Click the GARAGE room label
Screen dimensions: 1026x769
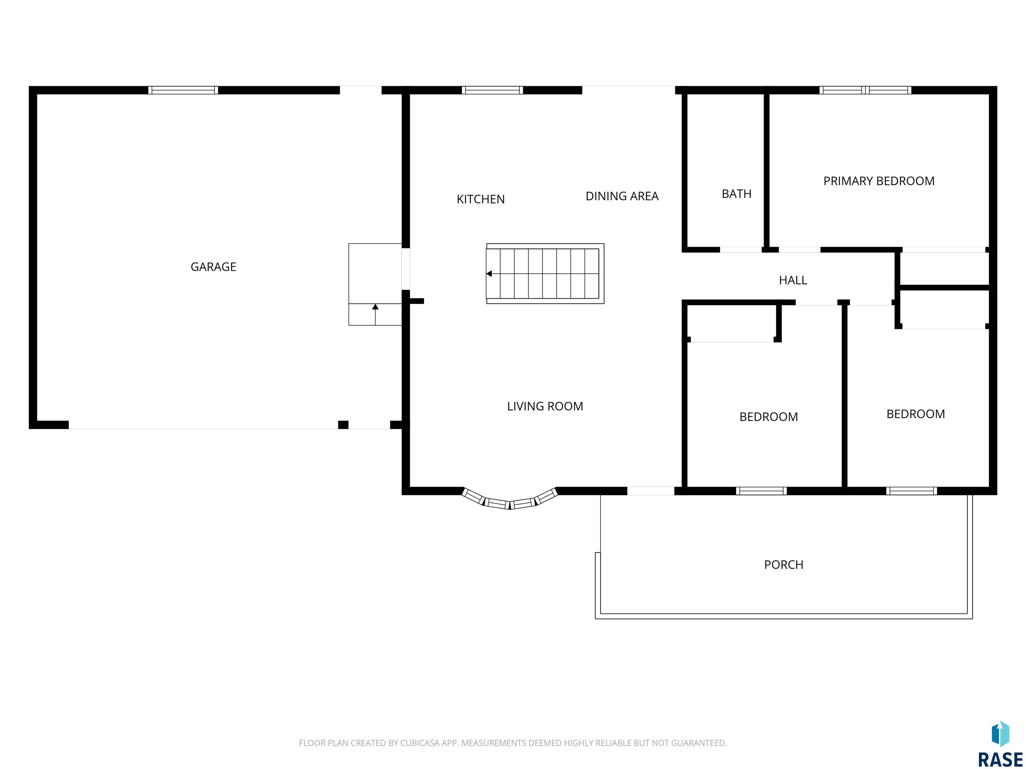(x=213, y=267)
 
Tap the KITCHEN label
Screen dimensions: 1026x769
(x=481, y=199)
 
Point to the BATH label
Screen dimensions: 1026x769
(x=736, y=194)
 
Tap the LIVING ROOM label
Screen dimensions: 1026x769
(x=545, y=407)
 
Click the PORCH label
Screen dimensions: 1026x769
(x=784, y=565)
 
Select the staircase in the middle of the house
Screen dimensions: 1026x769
(x=545, y=273)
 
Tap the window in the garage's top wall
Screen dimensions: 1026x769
(x=183, y=90)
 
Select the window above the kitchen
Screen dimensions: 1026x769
(x=492, y=90)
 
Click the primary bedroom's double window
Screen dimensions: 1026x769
(x=865, y=90)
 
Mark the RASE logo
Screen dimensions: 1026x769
(x=1000, y=745)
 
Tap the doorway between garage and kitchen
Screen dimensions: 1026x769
(x=406, y=269)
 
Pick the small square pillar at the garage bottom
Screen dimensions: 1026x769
(x=343, y=425)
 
